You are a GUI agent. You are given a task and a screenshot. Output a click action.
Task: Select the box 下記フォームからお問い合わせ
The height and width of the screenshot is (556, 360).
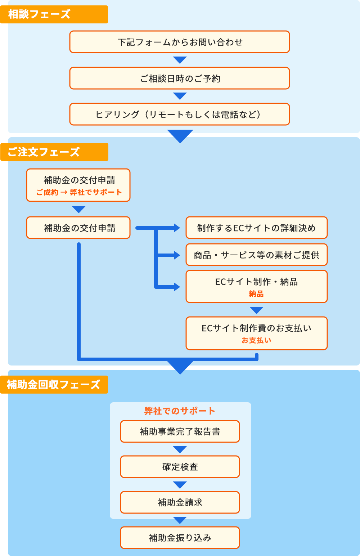(180, 42)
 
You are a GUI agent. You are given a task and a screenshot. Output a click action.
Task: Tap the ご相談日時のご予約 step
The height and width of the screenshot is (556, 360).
(180, 78)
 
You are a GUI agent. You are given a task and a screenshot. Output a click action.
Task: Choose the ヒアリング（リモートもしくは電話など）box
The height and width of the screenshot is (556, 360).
(180, 115)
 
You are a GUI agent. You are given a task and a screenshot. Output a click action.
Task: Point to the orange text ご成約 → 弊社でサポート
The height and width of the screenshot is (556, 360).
(79, 192)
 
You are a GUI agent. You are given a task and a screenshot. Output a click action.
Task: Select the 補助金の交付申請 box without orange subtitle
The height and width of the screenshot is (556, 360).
(78, 228)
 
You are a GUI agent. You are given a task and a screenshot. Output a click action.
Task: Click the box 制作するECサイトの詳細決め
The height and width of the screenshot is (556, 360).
(256, 228)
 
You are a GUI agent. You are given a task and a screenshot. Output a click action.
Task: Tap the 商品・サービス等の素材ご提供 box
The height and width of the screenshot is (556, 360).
(256, 255)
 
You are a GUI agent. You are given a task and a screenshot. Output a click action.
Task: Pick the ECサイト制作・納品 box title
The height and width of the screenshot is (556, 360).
(256, 282)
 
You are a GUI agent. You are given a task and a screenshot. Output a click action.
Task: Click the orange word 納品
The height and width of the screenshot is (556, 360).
(256, 294)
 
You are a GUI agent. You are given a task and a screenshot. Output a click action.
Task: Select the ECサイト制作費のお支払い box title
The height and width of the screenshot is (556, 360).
(256, 328)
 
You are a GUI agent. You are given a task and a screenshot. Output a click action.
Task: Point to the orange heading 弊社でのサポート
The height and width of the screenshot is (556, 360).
(180, 411)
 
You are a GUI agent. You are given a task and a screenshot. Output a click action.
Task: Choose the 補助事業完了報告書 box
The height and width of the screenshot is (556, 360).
(180, 431)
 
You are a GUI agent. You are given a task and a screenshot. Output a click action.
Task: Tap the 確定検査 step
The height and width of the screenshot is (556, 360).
(180, 467)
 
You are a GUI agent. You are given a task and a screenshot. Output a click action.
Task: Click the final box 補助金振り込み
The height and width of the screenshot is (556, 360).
(180, 538)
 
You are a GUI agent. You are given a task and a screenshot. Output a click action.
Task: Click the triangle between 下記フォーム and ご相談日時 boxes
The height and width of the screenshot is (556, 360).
(180, 60)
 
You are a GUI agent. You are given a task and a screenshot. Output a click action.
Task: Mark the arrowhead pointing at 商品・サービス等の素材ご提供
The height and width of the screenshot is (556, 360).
(177, 255)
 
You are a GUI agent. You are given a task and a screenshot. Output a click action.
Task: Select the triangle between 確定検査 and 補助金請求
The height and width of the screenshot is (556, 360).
(180, 485)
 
